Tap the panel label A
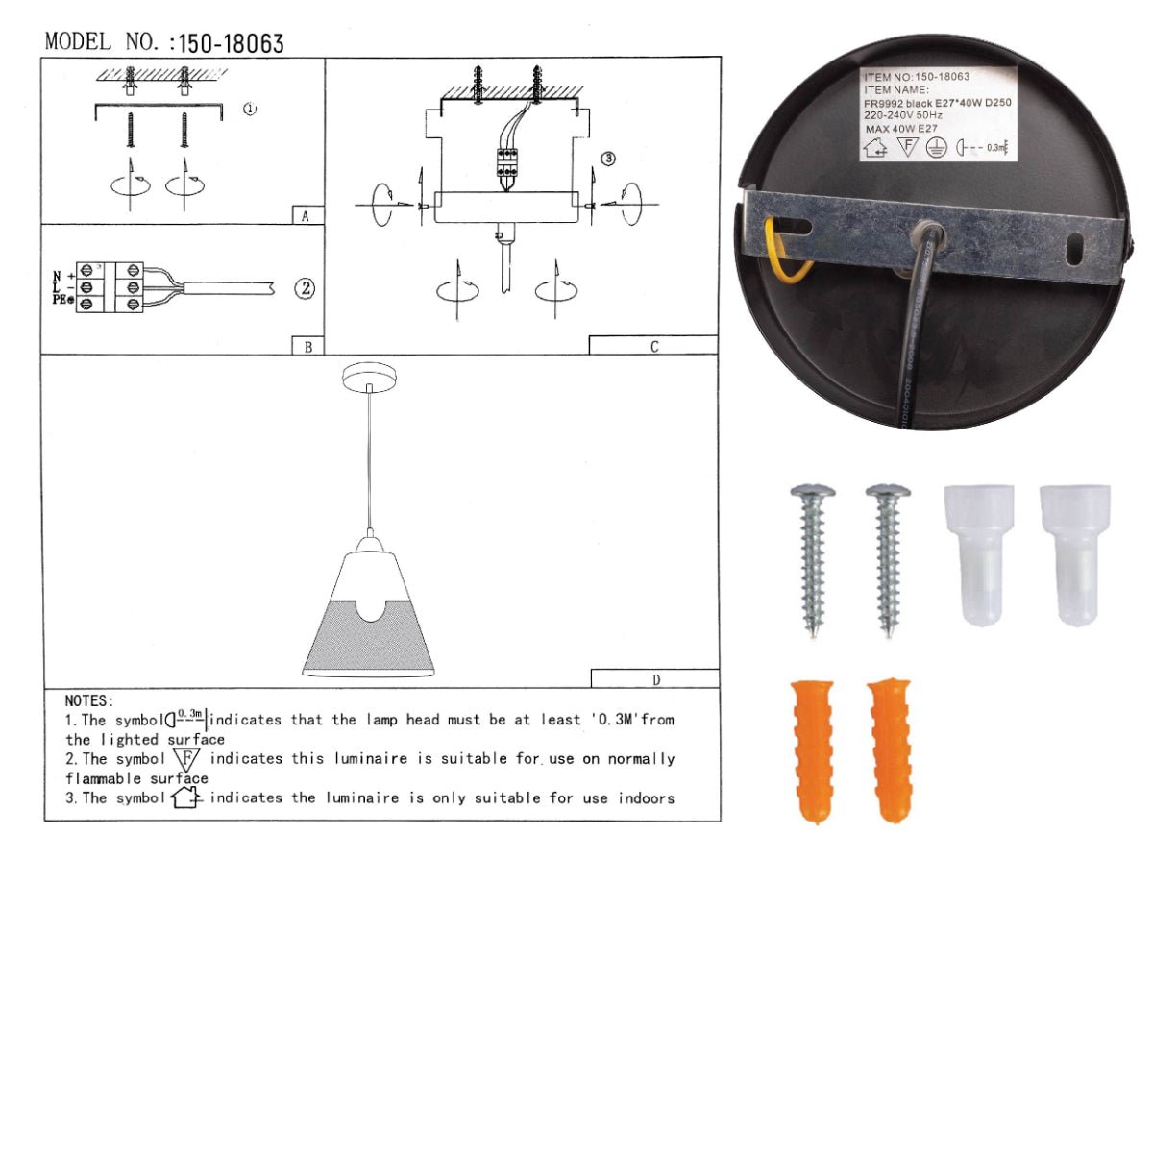306,216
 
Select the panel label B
307,347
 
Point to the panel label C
653,347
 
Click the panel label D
655,680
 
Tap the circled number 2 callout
305,287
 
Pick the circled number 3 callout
608,159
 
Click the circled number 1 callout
250,110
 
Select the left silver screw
813,557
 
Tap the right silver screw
887,557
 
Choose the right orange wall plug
890,750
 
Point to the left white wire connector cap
979,553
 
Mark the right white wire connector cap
1075,553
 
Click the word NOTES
88,701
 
